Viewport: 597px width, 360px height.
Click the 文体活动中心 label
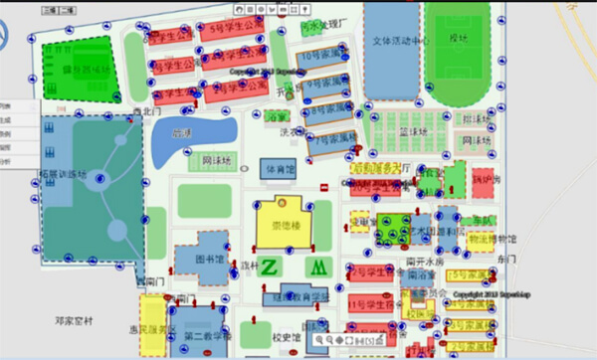(400, 41)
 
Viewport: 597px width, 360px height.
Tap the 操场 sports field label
(458, 38)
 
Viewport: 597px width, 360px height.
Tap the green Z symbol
(270, 267)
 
